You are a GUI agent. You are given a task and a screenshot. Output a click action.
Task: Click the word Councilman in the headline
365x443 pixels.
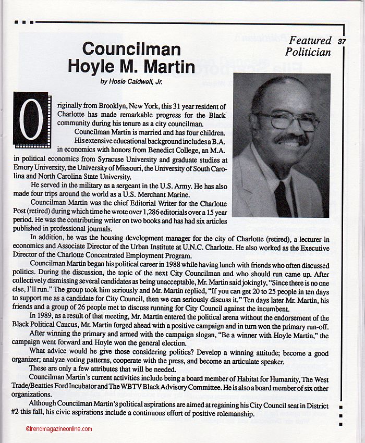point(131,50)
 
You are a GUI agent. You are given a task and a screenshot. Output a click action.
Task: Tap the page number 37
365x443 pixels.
point(342,41)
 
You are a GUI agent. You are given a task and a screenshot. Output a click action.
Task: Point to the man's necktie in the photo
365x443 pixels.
point(282,198)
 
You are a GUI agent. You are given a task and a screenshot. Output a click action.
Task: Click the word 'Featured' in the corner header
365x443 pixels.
point(310,41)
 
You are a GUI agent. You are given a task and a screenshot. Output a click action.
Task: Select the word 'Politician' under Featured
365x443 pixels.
point(308,52)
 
